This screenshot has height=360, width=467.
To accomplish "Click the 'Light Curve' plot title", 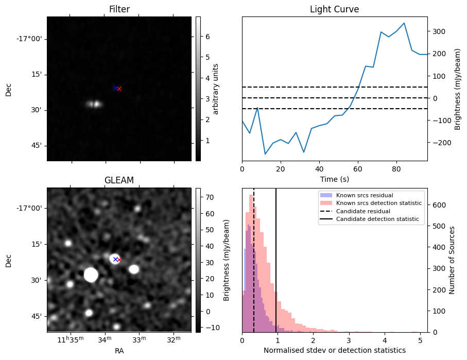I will tap(334, 9).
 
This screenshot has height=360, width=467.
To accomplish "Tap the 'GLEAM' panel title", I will tap(119, 180).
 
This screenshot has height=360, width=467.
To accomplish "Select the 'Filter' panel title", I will tap(119, 9).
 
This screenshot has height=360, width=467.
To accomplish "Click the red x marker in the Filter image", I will tap(119, 89).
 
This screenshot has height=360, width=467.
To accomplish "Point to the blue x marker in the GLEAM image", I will tap(115, 259).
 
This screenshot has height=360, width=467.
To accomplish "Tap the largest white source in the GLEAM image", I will tap(91, 275).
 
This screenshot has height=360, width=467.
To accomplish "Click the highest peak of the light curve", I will tap(404, 23).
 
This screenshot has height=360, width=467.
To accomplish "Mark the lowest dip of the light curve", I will tap(265, 154).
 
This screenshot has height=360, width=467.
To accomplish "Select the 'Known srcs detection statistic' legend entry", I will tap(378, 203).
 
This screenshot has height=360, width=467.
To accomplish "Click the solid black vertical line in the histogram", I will tap(276, 258).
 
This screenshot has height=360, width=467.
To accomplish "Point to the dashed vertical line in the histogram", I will tap(254, 258).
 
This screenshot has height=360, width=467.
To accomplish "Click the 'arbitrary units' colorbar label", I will tap(216, 89).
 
